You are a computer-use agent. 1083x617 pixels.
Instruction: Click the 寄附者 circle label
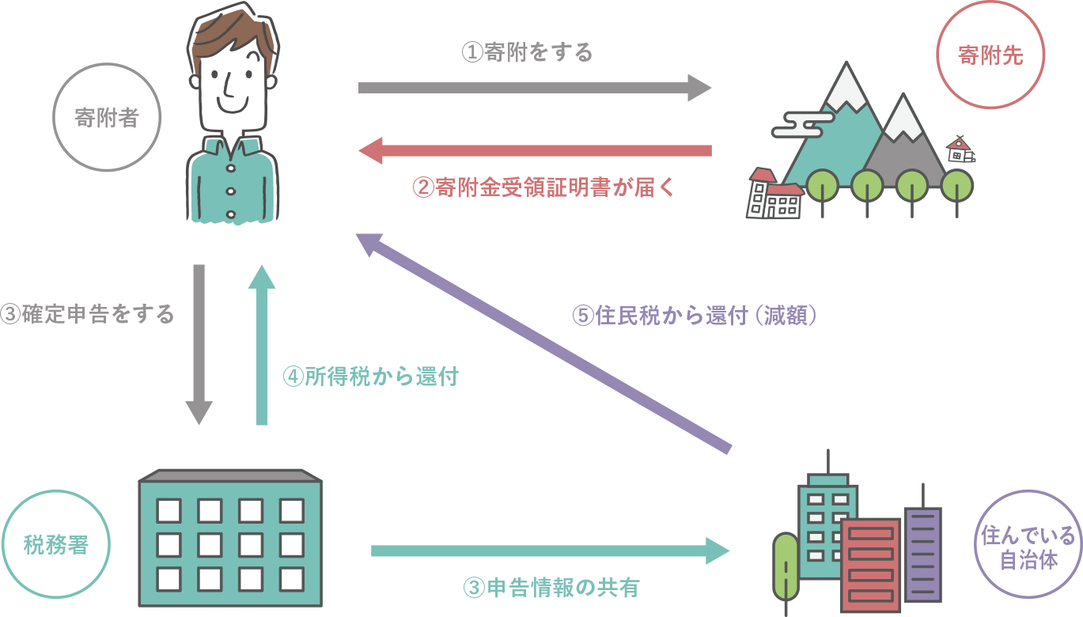click(107, 118)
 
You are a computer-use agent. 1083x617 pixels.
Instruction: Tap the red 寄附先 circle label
click(990, 55)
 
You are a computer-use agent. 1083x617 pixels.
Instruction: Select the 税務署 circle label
click(55, 544)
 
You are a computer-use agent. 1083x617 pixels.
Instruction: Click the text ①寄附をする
click(527, 53)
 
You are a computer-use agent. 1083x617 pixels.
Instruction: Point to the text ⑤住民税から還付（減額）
click(694, 315)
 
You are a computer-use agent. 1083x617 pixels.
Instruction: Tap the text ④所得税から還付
click(370, 376)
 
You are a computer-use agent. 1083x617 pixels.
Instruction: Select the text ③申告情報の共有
click(551, 588)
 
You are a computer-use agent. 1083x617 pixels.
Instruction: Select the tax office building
click(230, 538)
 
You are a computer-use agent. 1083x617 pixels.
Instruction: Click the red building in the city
click(870, 562)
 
